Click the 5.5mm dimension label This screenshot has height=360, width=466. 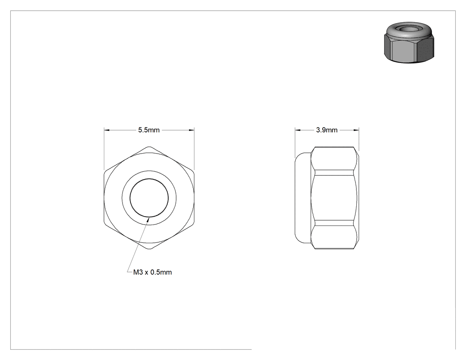click(x=149, y=130)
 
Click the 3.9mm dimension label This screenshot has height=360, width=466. click(x=327, y=130)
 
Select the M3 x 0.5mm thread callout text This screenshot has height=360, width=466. click(x=153, y=272)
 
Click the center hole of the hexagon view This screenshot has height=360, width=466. click(x=149, y=198)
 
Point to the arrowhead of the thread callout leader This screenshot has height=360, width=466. click(x=148, y=219)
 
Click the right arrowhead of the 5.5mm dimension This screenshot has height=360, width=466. click(x=191, y=130)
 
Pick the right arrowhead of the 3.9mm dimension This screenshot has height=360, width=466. click(x=356, y=130)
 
